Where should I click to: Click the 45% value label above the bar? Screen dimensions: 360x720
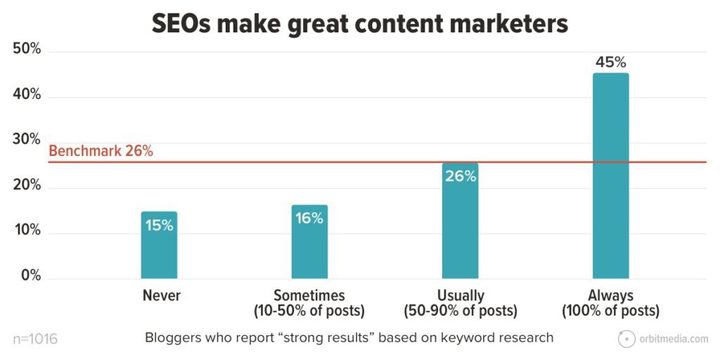610,62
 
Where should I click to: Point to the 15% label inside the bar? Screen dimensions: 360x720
159,226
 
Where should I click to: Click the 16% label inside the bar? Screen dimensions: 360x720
309,219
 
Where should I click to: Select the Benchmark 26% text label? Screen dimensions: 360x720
101,151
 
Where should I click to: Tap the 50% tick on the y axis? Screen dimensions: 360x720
27,50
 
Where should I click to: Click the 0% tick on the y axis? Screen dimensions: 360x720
30,276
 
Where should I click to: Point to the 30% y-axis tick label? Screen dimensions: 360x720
27,140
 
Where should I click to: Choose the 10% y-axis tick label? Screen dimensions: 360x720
27,231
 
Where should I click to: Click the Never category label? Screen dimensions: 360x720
161,295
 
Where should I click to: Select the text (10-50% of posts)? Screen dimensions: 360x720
309,311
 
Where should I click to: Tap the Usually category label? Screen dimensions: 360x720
460,295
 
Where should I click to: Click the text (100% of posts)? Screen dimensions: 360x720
610,311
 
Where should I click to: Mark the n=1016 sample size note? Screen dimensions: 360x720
35,339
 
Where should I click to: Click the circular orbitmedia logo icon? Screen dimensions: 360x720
626,339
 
